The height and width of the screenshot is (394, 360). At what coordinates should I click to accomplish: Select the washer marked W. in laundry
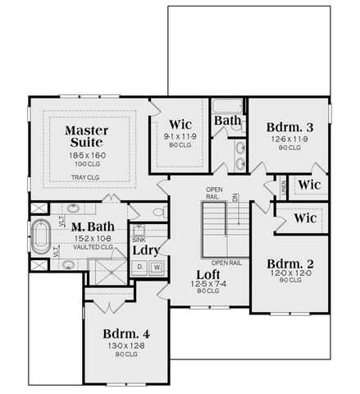pos(156,267)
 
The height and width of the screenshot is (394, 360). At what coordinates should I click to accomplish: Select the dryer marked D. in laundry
pos(139,267)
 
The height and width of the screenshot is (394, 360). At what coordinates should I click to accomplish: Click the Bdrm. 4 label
pos(125,334)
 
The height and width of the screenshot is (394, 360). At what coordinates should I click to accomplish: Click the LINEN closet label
pos(283,188)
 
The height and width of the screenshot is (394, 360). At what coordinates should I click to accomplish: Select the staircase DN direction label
pos(235,198)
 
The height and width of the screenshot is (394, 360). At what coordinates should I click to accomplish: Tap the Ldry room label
pos(147,249)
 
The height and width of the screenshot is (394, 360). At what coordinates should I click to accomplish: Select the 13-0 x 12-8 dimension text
pos(125,347)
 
